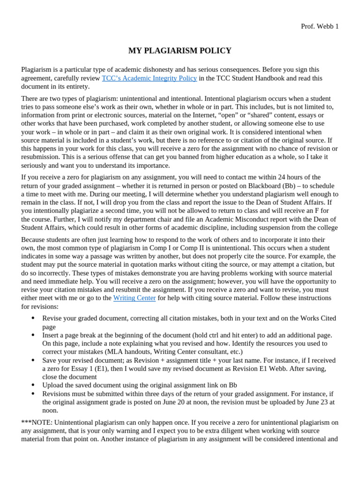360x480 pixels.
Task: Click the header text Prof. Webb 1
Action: point(319,26)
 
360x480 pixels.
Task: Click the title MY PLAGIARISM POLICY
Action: point(180,51)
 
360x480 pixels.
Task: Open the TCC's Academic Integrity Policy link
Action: point(149,78)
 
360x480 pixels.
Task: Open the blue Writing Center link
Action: point(135,298)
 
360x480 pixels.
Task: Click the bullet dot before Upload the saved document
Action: point(33,385)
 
